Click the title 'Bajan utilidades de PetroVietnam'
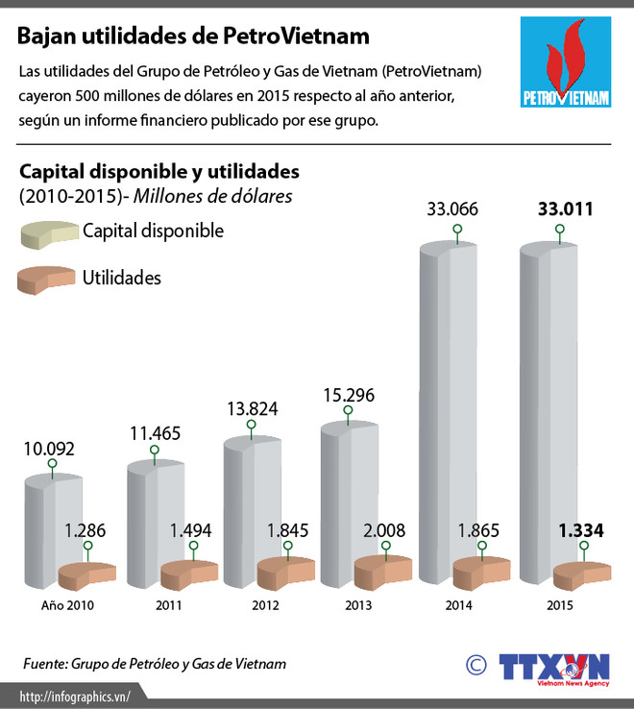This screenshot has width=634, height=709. (x=193, y=37)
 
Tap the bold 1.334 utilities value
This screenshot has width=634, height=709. (x=581, y=529)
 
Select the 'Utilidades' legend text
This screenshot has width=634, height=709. (x=122, y=278)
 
